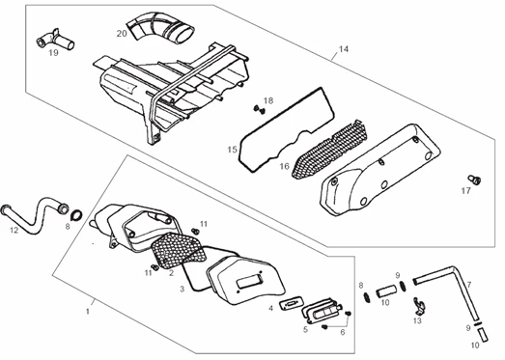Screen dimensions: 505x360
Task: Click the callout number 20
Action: pos(122,34)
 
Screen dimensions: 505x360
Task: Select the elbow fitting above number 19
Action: pos(56,40)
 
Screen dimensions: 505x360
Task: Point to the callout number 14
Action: pos(344,49)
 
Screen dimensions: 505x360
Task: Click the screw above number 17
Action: pos(474,180)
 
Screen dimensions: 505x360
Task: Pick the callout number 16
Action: pos(285,166)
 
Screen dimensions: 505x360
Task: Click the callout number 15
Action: pos(232,150)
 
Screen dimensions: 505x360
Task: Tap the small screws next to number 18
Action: pos(260,109)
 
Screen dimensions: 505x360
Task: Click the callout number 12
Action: pos(14,231)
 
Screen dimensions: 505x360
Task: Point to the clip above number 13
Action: pos(420,306)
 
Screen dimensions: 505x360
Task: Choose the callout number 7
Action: pos(469,285)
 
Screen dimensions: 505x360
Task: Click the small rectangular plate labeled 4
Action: pos(292,303)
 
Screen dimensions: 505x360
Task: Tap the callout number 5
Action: pos(305,329)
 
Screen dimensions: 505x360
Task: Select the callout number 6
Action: pos(343,332)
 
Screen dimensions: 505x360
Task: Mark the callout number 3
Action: pos(182,290)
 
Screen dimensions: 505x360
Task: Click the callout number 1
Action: pos(87,312)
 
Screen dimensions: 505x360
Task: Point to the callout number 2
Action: pos(171,273)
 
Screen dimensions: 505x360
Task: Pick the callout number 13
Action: pos(417,320)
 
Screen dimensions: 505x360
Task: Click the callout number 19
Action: pos(53,53)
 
